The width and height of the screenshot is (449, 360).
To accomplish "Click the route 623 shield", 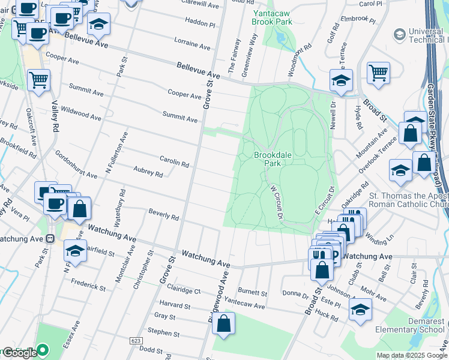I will tap(135, 340).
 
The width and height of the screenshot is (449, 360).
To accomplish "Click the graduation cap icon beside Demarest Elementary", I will tap(360, 309).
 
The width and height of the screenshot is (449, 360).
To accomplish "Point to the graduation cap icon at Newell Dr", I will tap(341, 80).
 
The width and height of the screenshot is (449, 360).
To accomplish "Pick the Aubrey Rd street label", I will tap(148, 173).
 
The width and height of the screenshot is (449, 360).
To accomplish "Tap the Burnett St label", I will tap(252, 293).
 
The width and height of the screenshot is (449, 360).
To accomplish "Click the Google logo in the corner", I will tap(19, 352).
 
